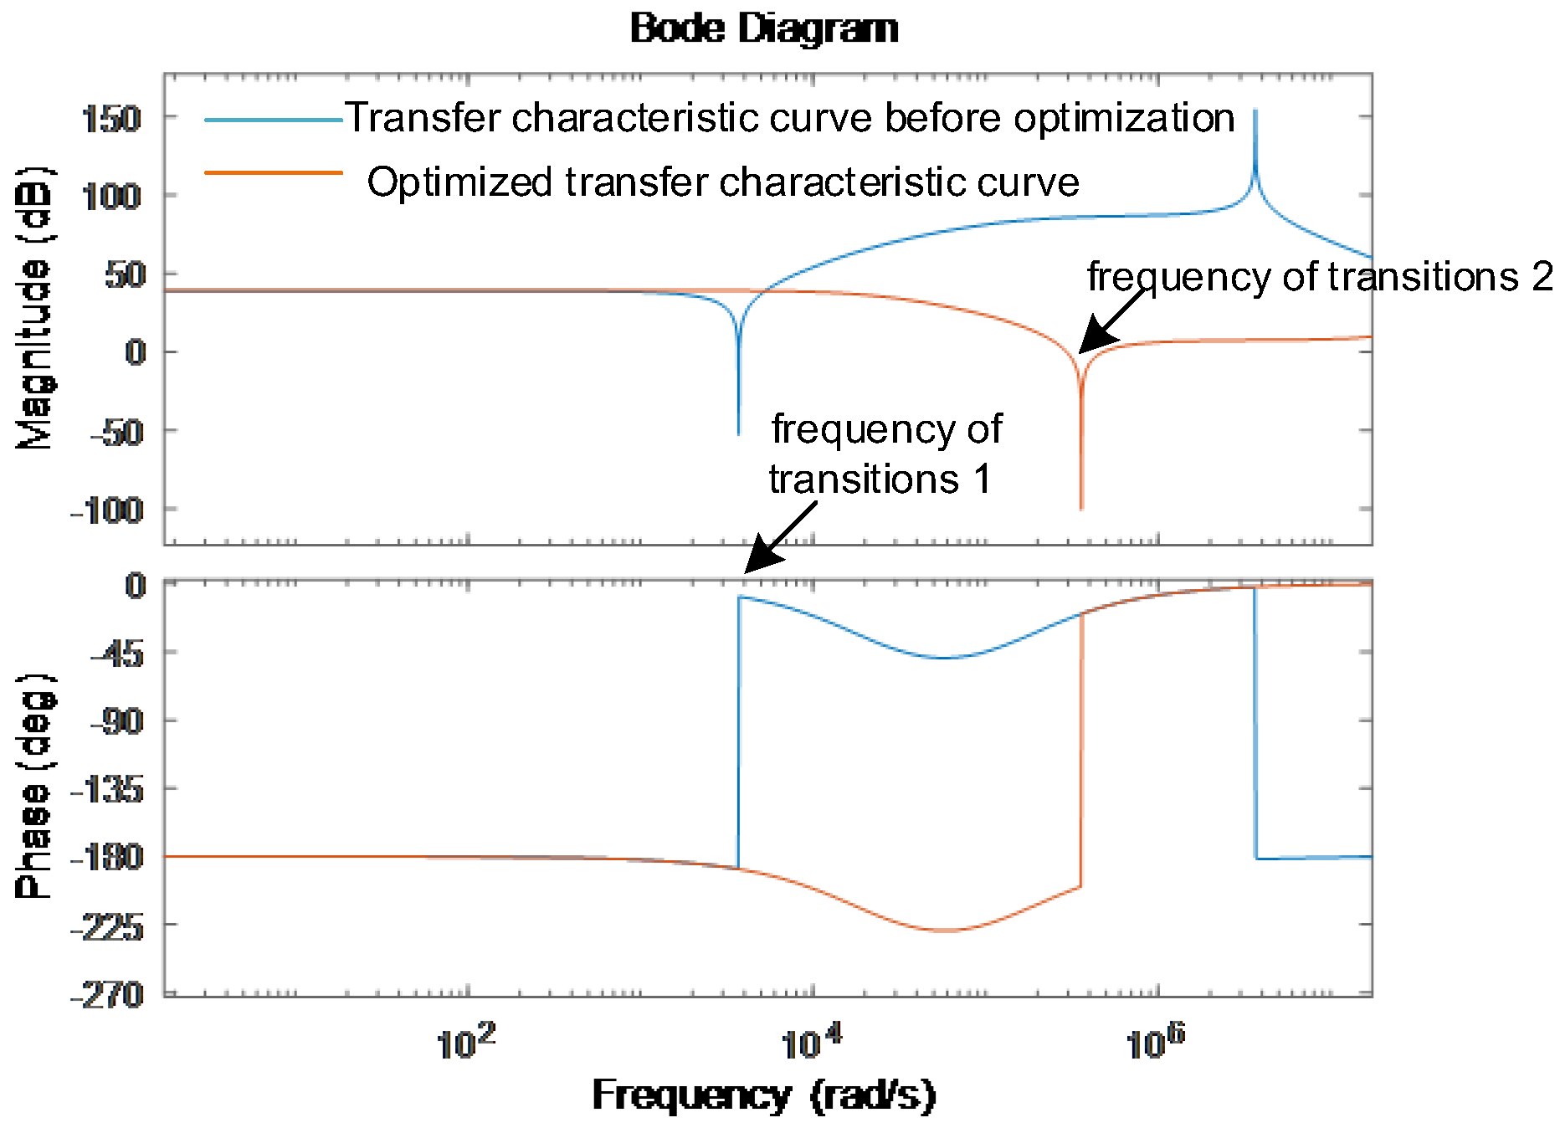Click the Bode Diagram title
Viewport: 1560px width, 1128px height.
(x=764, y=28)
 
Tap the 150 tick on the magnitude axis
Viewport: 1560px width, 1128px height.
(x=111, y=119)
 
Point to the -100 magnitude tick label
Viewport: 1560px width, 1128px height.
(x=106, y=510)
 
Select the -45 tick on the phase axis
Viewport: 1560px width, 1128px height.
(x=116, y=654)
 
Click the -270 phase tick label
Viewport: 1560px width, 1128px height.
(x=107, y=995)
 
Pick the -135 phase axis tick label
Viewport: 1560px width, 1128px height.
(x=107, y=789)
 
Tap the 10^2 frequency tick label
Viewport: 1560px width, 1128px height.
(x=466, y=1042)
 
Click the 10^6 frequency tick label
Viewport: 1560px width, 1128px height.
(x=1156, y=1042)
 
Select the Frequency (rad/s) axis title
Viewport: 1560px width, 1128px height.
(x=764, y=1095)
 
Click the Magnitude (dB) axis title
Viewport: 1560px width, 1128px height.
(x=34, y=308)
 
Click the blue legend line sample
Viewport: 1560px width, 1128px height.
(x=274, y=120)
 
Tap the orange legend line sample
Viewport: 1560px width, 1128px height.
(x=274, y=173)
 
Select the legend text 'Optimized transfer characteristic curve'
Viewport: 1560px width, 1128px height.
(x=723, y=182)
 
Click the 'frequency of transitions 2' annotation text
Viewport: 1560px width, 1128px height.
(x=1320, y=277)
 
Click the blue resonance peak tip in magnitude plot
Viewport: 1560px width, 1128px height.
(x=1255, y=111)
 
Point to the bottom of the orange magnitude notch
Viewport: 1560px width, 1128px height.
(x=1081, y=507)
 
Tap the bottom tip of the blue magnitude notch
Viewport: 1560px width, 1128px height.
(x=738, y=433)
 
